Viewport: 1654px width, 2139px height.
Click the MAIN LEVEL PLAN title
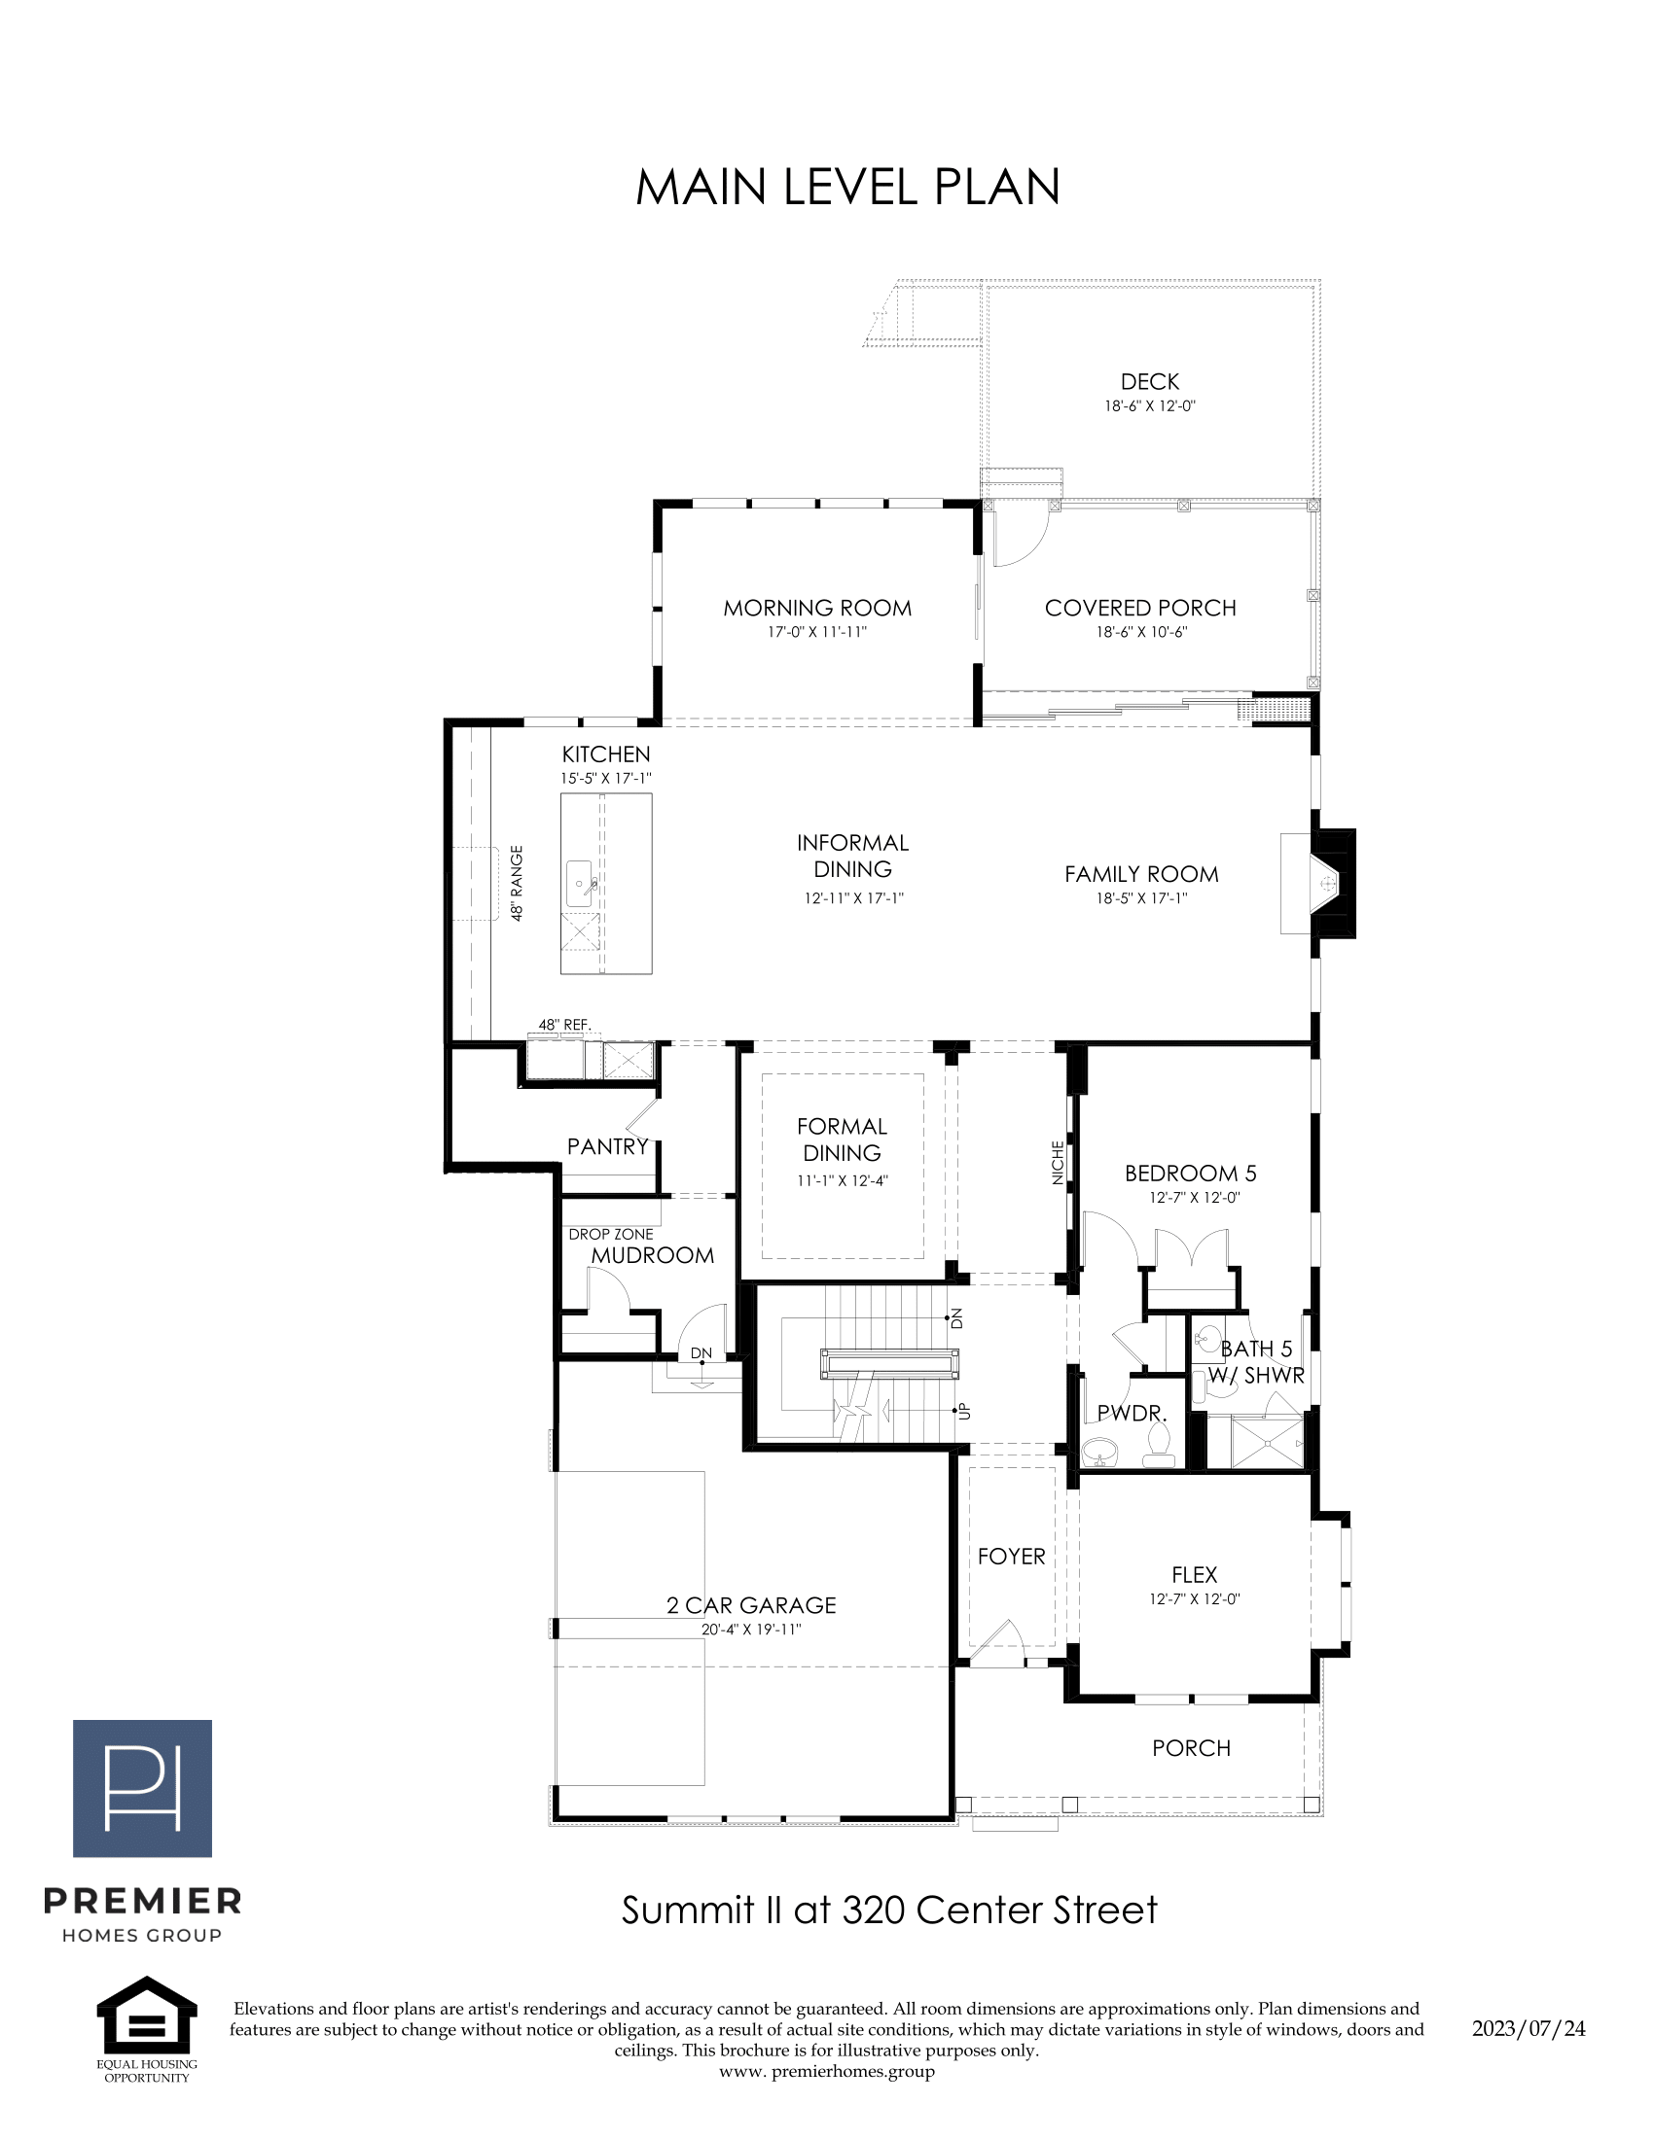(x=847, y=187)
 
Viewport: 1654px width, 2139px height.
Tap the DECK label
(x=1149, y=382)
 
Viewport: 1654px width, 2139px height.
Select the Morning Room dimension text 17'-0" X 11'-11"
(x=817, y=633)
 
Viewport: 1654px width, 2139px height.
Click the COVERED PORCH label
(x=1140, y=609)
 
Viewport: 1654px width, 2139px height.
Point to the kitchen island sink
(x=579, y=885)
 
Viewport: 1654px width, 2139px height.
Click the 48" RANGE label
(x=517, y=883)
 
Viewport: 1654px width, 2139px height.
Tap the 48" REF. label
(x=564, y=1025)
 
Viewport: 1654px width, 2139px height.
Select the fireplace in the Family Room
(x=1318, y=885)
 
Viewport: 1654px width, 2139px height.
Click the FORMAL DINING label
(x=842, y=1140)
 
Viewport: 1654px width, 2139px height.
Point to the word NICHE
(x=1058, y=1163)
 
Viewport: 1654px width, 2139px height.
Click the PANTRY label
(x=607, y=1146)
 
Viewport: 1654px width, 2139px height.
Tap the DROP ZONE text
(x=610, y=1234)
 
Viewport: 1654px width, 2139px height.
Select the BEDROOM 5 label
(x=1191, y=1174)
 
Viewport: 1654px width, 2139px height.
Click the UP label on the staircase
(x=964, y=1411)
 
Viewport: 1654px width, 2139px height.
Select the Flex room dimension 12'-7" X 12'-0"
(x=1195, y=1599)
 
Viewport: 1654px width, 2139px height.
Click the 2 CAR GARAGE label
(x=751, y=1605)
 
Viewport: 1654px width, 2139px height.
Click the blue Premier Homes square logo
(x=142, y=1788)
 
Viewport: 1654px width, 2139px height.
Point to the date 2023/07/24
(x=1528, y=2028)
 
